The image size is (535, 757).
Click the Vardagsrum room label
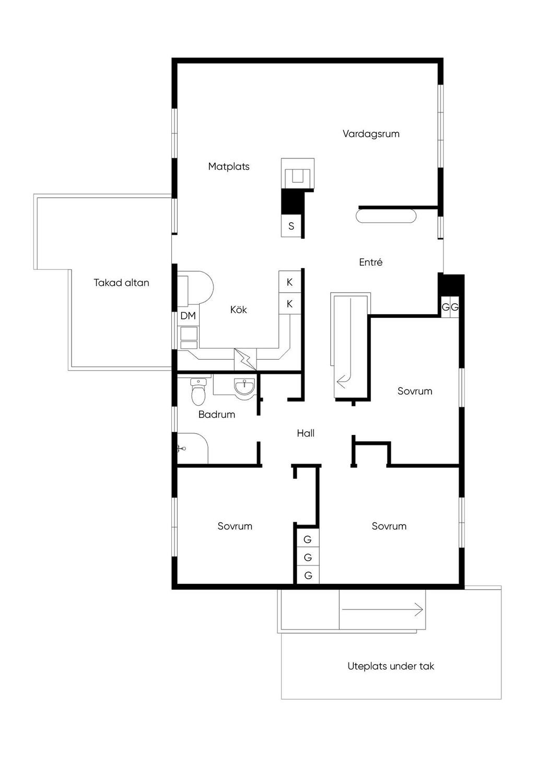tap(371, 134)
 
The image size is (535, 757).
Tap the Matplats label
tap(229, 166)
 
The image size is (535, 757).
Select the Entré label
tap(370, 262)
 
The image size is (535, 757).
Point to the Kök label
tap(238, 309)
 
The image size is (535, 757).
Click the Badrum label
tap(216, 415)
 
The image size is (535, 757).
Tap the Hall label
tap(306, 433)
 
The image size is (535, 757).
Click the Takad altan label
tap(121, 282)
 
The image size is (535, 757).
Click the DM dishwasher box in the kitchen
tap(188, 316)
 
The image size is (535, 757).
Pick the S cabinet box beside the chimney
tap(291, 226)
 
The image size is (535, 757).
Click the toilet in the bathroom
tap(198, 392)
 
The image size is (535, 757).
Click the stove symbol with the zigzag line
tap(245, 359)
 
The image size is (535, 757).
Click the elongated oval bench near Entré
tap(386, 216)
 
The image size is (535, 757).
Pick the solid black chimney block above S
tap(292, 202)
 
